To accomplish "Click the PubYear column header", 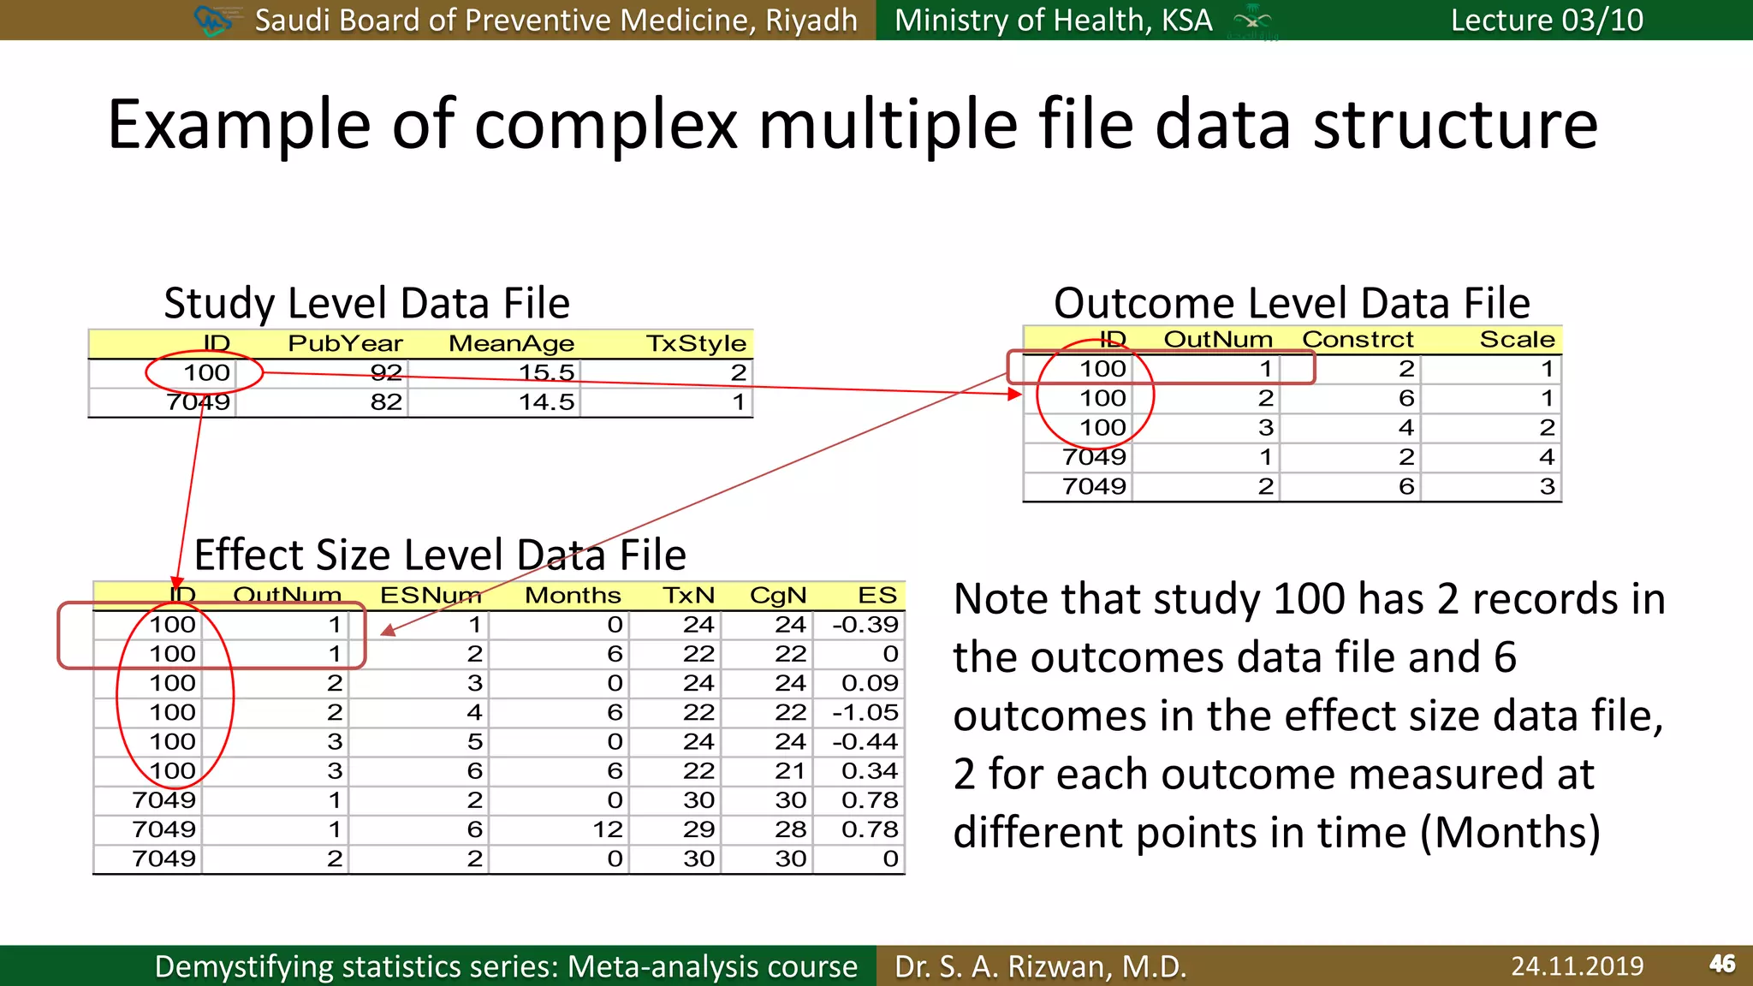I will point(345,343).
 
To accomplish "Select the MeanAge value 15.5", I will point(546,373).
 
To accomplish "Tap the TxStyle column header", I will point(696,343).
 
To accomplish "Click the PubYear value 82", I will point(386,402).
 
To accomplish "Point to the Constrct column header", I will point(1358,339).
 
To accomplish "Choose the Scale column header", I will point(1517,339).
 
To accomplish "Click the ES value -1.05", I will point(865,712).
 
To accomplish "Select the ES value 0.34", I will point(870,771).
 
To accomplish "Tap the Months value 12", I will point(608,829).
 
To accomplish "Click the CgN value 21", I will point(790,771).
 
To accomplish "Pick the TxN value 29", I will point(698,829).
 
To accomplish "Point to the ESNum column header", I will point(431,595).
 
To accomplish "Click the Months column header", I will point(573,595).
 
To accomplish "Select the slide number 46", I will point(1722,965).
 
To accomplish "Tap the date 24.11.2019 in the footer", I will point(1577,966).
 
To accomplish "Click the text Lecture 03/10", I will point(1547,20).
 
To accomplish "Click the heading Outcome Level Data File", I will point(1292,303).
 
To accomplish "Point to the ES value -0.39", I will point(865,625).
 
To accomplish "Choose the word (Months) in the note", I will point(1511,833).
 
